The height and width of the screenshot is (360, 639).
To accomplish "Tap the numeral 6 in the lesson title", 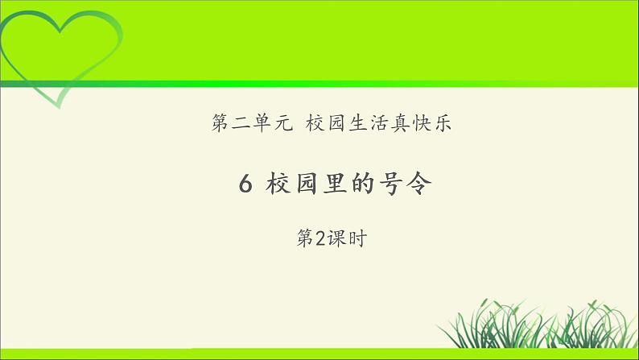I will [246, 186].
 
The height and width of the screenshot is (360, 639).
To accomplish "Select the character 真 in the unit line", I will [399, 125].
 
